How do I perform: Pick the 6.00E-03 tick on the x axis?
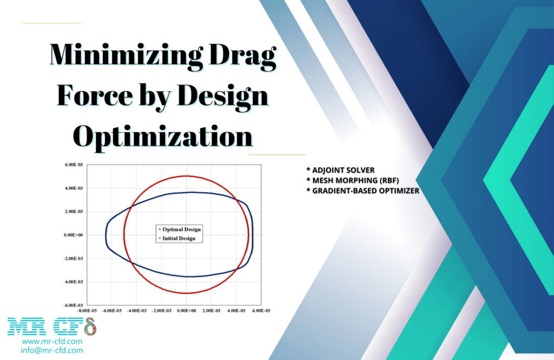click(261, 311)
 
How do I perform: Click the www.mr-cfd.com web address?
click(52, 342)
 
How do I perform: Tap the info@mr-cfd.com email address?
click(52, 350)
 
